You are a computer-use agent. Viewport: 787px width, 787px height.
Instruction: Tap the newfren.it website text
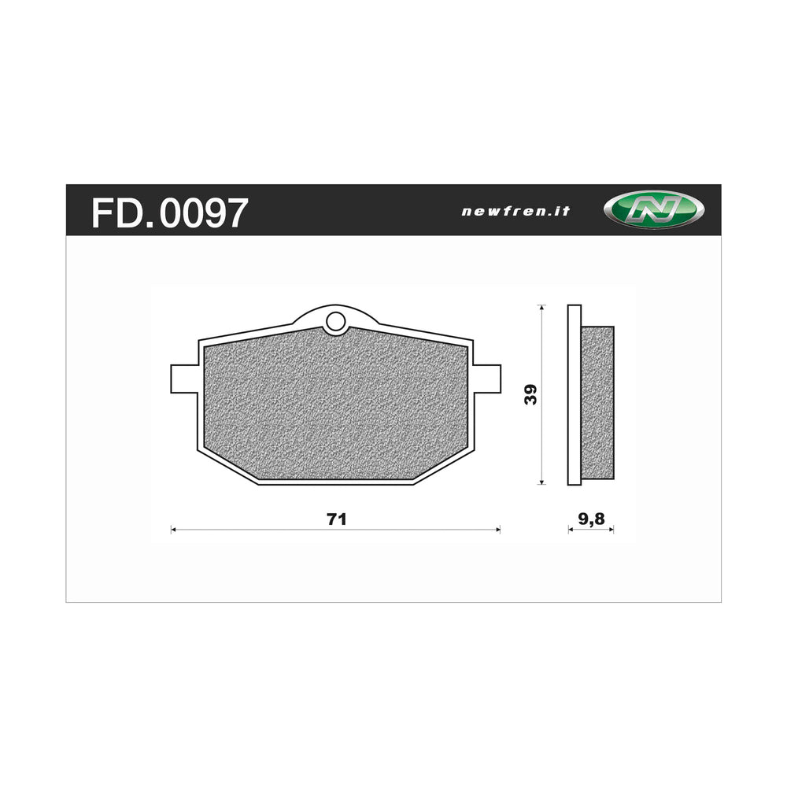tap(515, 211)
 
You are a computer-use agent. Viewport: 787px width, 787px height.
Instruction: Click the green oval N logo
tap(653, 211)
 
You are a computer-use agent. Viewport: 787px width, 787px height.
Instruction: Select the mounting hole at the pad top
tap(335, 321)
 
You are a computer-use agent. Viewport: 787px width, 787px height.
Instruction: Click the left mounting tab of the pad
tap(183, 378)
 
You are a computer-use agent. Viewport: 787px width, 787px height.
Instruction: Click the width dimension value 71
tap(336, 519)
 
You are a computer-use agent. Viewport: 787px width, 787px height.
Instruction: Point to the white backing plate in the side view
tap(574, 394)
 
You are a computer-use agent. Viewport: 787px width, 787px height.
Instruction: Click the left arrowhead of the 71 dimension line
tap(174, 530)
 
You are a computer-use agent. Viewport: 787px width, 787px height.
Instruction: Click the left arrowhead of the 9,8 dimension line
tap(571, 530)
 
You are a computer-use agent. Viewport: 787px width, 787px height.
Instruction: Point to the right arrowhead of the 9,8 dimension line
tap(611, 530)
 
